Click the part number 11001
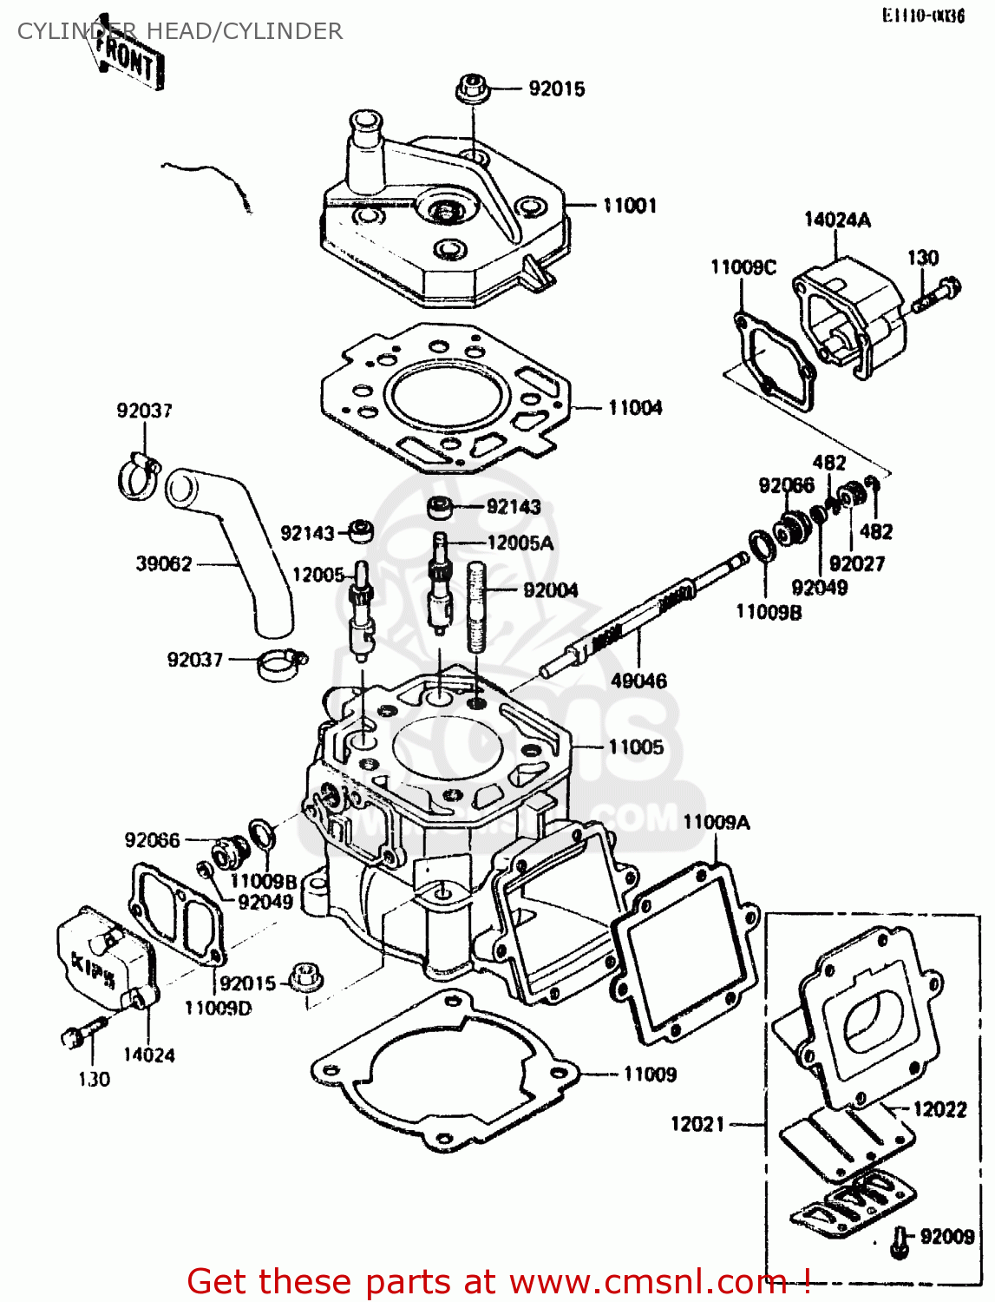pos(630,206)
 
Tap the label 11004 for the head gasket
pos(635,407)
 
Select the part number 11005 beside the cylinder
pos(636,746)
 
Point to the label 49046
pos(638,681)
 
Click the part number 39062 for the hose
pos(164,563)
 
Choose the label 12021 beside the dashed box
pos(697,1124)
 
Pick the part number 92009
pos(947,1236)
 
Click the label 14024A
pos(837,220)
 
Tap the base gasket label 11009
pos(650,1074)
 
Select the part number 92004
pos(551,590)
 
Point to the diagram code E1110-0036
pos(923,16)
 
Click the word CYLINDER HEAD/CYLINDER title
pos(180,31)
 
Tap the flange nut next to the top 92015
pos(472,89)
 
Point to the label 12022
pos(939,1109)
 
